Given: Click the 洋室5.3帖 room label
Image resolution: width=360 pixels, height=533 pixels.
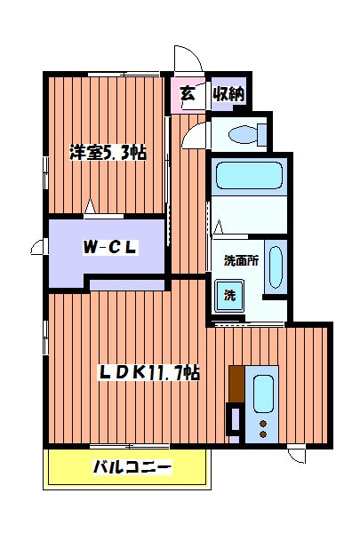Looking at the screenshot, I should pyautogui.click(x=108, y=153).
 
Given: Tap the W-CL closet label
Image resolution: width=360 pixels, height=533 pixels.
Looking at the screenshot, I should pyautogui.click(x=110, y=248).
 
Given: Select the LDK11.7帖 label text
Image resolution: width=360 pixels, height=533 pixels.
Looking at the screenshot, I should pyautogui.click(x=148, y=373).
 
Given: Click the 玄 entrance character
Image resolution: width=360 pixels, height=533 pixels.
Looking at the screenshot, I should pyautogui.click(x=188, y=93).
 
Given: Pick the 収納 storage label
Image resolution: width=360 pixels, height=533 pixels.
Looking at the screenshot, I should pyautogui.click(x=228, y=93).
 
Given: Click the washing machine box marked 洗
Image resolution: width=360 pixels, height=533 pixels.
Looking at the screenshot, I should pyautogui.click(x=229, y=294).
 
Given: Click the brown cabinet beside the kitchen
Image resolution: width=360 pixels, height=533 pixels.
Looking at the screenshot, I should pyautogui.click(x=236, y=383).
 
